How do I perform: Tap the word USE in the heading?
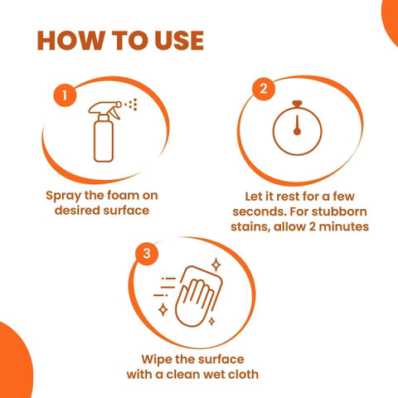pyautogui.click(x=179, y=41)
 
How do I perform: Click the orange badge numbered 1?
pyautogui.click(x=65, y=95)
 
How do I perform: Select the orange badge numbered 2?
pyautogui.click(x=264, y=89)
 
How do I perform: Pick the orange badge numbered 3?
pyautogui.click(x=147, y=254)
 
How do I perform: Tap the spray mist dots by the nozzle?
pyautogui.click(x=131, y=104)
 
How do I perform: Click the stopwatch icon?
pyautogui.click(x=298, y=128)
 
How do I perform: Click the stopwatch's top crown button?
pyautogui.click(x=298, y=104)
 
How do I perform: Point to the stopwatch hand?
pyautogui.click(x=298, y=125)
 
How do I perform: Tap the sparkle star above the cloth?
pyautogui.click(x=216, y=265)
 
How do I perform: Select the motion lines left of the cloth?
pyautogui.click(x=165, y=287)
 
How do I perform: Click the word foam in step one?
pyautogui.click(x=123, y=196)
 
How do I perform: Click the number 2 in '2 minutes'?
pyautogui.click(x=312, y=227)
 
